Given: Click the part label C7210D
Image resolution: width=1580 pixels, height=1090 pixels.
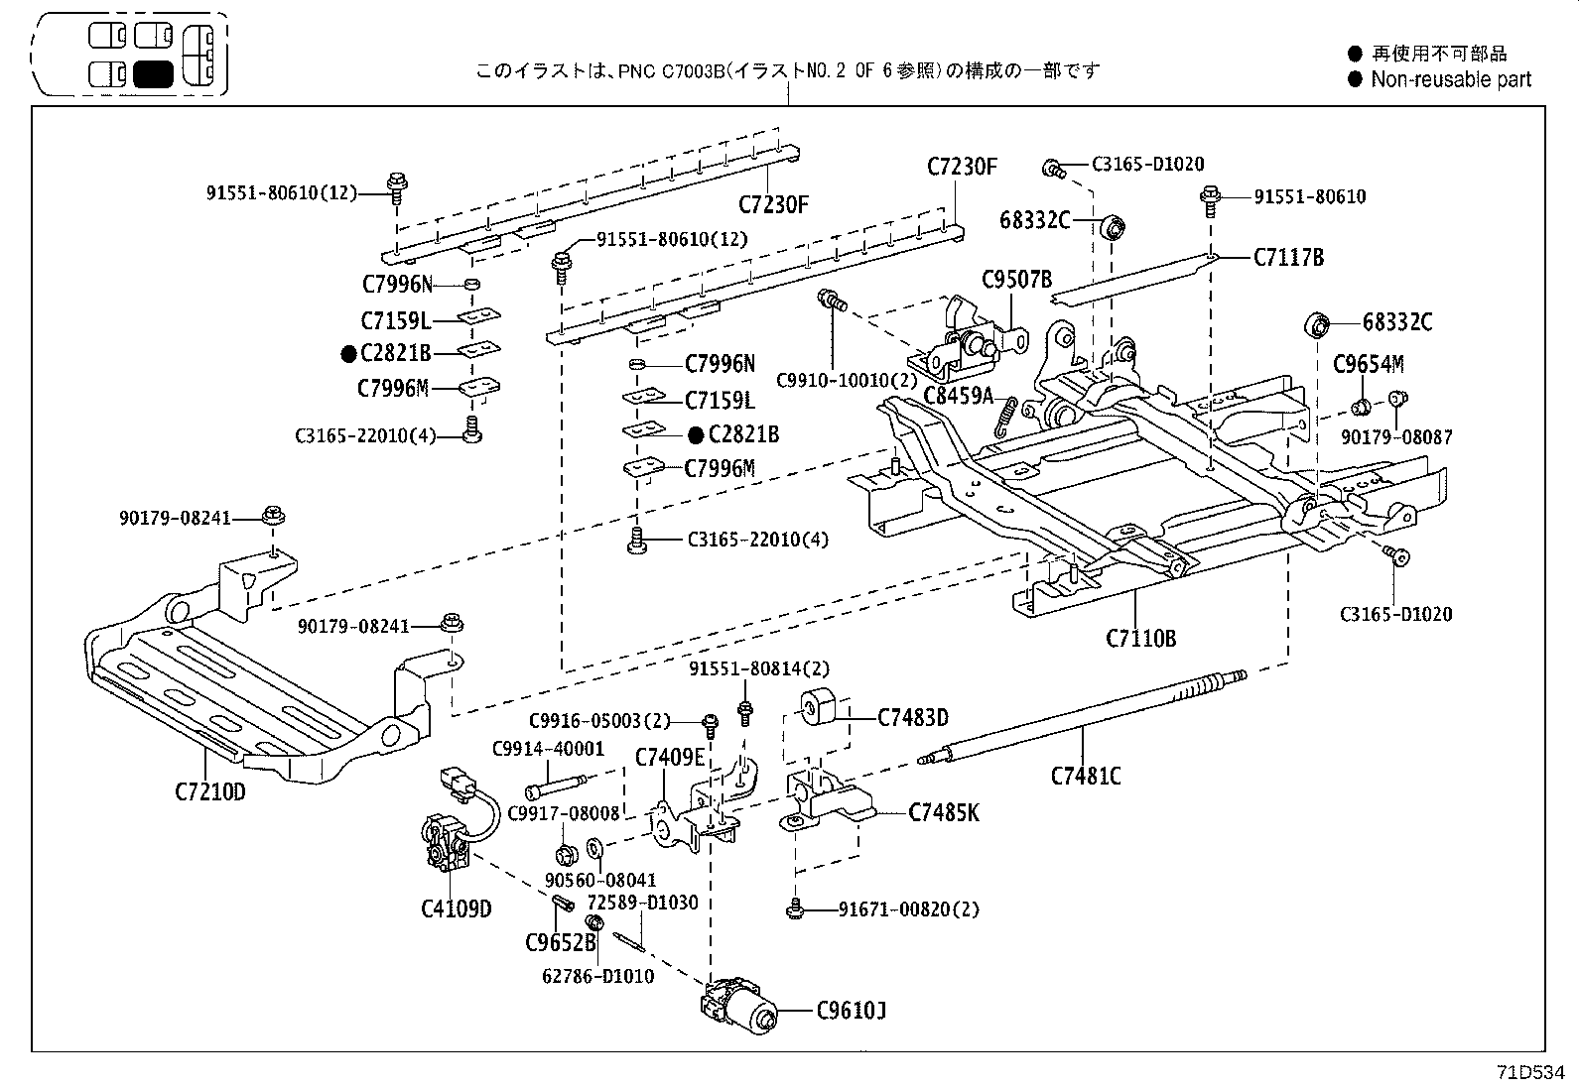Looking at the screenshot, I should tap(209, 791).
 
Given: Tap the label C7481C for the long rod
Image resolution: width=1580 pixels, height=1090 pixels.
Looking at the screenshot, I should tap(1086, 776).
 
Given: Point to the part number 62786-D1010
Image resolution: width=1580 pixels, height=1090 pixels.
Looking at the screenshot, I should tap(598, 976).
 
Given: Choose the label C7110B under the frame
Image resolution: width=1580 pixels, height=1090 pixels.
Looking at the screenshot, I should tap(1140, 638).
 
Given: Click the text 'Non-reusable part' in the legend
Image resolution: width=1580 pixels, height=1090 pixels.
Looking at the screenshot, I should tap(1451, 79).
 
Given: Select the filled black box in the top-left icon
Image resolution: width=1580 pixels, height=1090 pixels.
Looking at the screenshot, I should tap(153, 74).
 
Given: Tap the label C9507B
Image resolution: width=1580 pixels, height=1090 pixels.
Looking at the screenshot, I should tap(1016, 280).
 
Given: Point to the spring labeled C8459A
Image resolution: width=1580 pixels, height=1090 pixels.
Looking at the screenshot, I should tap(1006, 415).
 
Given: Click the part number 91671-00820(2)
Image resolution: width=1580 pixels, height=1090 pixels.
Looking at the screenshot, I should tap(908, 908).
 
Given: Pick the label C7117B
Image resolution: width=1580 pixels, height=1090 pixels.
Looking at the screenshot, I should tap(1288, 258).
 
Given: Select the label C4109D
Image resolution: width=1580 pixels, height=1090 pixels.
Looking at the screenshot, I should tap(456, 908).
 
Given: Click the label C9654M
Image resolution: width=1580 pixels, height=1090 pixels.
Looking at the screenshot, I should tap(1368, 364).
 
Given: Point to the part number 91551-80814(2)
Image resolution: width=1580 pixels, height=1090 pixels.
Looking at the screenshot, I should tap(759, 668).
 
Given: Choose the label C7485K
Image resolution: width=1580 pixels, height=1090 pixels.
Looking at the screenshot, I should tap(944, 813).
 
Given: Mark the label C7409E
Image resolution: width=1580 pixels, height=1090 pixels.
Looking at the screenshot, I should tap(670, 758).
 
